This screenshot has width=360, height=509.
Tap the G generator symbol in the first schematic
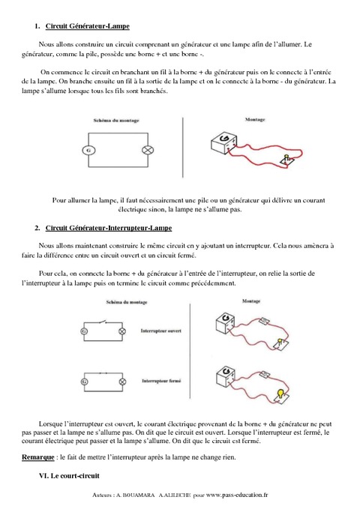click(x=90, y=150)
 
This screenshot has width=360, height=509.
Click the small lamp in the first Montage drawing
click(x=286, y=159)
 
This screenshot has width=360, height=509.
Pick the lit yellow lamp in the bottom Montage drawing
click(x=280, y=393)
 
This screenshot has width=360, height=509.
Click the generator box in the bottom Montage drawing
click(x=224, y=372)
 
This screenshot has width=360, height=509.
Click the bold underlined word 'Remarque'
click(x=34, y=457)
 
